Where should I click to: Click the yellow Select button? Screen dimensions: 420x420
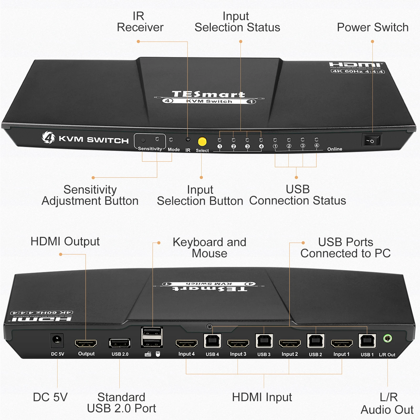tap(202, 141)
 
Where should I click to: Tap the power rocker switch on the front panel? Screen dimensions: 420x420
tap(372, 140)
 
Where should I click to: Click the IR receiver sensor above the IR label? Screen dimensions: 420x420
tap(188, 139)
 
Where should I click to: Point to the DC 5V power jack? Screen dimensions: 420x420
tap(57, 340)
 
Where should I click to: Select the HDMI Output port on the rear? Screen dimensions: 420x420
tap(86, 343)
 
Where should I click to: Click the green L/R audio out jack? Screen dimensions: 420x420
tap(387, 338)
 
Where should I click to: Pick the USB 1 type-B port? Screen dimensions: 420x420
tap(367, 341)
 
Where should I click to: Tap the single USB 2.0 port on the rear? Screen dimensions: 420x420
tap(120, 343)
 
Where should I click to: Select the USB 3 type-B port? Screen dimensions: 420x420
tap(264, 341)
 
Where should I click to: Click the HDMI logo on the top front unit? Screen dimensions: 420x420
tap(356, 65)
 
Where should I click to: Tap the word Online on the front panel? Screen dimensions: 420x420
tap(335, 149)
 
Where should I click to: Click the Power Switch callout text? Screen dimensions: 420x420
tap(372, 27)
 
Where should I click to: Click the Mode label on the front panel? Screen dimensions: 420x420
tap(174, 149)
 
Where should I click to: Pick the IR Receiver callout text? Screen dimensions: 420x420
tap(140, 22)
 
